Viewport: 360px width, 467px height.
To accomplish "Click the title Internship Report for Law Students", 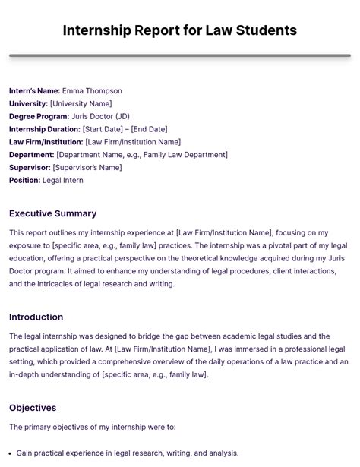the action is point(179,30).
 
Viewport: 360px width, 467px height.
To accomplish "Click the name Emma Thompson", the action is point(92,91).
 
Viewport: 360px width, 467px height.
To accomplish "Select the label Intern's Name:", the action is point(34,91).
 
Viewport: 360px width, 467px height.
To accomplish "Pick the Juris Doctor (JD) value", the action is point(100,117).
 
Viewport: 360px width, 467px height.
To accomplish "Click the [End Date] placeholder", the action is point(149,129).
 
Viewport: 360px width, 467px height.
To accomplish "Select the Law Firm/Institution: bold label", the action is point(46,142).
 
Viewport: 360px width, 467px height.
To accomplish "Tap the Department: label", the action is point(32,155).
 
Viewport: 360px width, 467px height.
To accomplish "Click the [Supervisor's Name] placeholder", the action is point(87,168).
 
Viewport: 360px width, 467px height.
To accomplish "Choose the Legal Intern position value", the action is point(63,181).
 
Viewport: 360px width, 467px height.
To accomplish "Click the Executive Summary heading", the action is point(52,213).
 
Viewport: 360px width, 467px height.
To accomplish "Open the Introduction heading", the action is point(36,317).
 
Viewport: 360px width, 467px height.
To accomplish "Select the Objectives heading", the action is point(33,408).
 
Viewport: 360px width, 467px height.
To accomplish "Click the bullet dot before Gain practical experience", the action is point(11,453).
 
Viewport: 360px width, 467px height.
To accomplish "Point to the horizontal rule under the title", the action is point(179,55).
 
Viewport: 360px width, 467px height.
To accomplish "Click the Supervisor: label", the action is point(30,168).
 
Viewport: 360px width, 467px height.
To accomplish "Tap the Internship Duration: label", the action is point(45,129).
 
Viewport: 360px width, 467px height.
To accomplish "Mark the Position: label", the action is point(25,181).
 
